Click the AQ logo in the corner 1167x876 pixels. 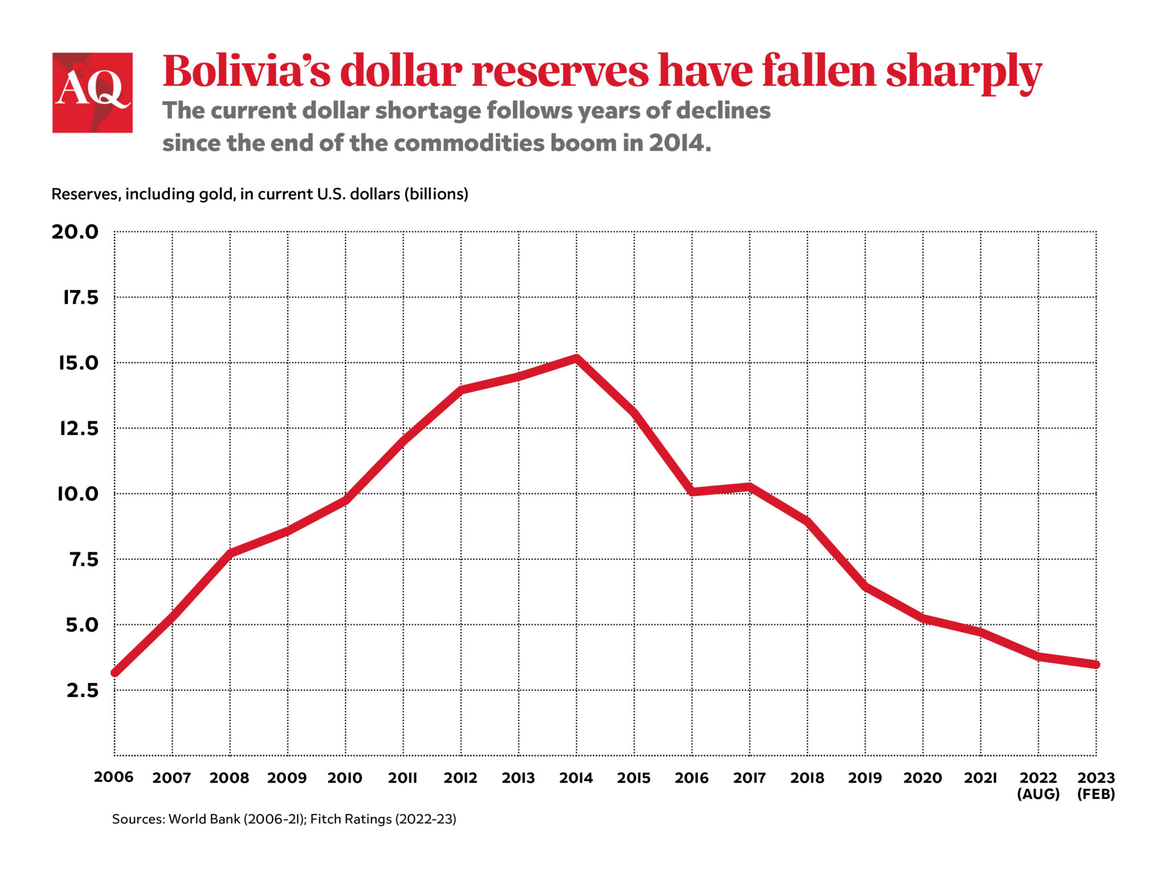(92, 92)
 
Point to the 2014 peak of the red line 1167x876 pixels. (577, 358)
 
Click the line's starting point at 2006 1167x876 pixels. (115, 673)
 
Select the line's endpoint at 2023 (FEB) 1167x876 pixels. (1095, 665)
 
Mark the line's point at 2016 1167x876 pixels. (692, 491)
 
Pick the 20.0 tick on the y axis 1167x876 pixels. (75, 232)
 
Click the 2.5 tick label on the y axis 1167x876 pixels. (82, 691)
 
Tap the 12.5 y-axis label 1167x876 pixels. (79, 429)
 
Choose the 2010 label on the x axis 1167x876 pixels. (345, 778)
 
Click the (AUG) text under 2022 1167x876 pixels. (1038, 794)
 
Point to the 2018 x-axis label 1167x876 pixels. (807, 778)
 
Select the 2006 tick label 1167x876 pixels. (114, 777)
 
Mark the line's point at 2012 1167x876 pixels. (461, 390)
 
